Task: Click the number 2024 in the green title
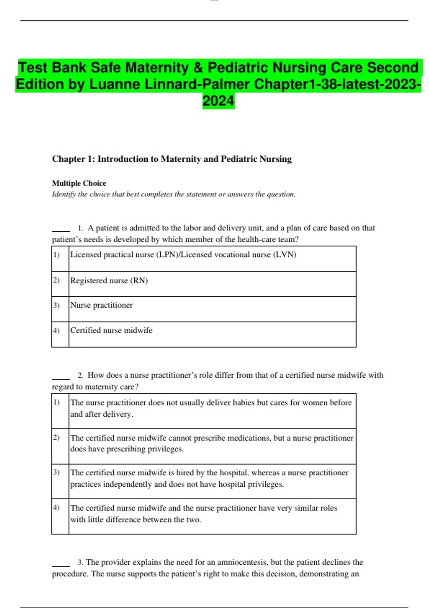point(218,101)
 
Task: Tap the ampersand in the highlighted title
point(198,68)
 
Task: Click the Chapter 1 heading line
point(172,159)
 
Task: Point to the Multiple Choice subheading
point(79,183)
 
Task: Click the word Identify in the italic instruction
point(64,194)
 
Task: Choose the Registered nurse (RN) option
point(109,280)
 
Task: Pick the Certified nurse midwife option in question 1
point(111,330)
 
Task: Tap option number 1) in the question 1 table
point(56,255)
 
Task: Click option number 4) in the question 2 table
point(56,508)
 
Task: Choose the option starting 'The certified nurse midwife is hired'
point(209,478)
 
